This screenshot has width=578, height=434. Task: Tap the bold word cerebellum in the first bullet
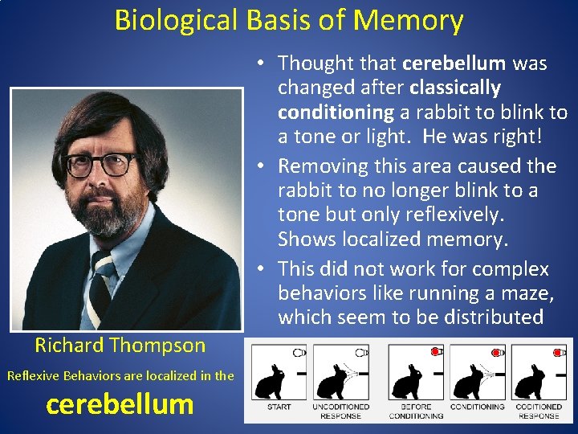[454, 63]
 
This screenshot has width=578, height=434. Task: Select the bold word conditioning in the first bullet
[336, 112]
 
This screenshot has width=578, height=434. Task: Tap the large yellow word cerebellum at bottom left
[120, 403]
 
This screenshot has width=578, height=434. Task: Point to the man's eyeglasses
[100, 163]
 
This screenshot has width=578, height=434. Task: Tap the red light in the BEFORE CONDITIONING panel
[435, 352]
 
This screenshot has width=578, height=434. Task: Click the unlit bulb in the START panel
[299, 352]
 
